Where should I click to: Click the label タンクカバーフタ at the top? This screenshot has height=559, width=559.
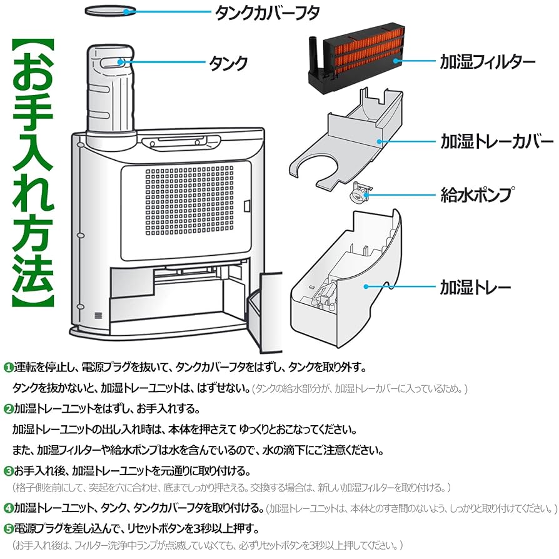tap(267, 14)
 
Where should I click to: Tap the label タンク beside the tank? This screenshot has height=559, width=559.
tap(228, 63)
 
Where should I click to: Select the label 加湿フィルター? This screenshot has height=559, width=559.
tap(488, 62)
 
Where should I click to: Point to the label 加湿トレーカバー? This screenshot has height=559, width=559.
tap(496, 141)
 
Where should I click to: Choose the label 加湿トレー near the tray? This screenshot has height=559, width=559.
tap(476, 287)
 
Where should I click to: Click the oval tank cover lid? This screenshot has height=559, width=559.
tap(111, 11)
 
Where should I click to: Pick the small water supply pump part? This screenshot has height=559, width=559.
tap(361, 193)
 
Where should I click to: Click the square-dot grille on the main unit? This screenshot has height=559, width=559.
tap(189, 201)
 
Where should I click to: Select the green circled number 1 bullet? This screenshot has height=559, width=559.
tap(8, 368)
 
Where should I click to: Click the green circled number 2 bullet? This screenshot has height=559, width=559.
tap(8, 409)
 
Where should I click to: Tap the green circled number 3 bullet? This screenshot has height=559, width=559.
tap(8, 471)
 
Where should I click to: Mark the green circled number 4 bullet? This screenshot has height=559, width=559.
tap(8, 508)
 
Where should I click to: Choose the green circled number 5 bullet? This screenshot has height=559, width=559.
tap(8, 529)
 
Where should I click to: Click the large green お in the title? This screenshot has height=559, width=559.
tap(33, 73)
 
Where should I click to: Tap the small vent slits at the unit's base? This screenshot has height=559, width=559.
tap(98, 315)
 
